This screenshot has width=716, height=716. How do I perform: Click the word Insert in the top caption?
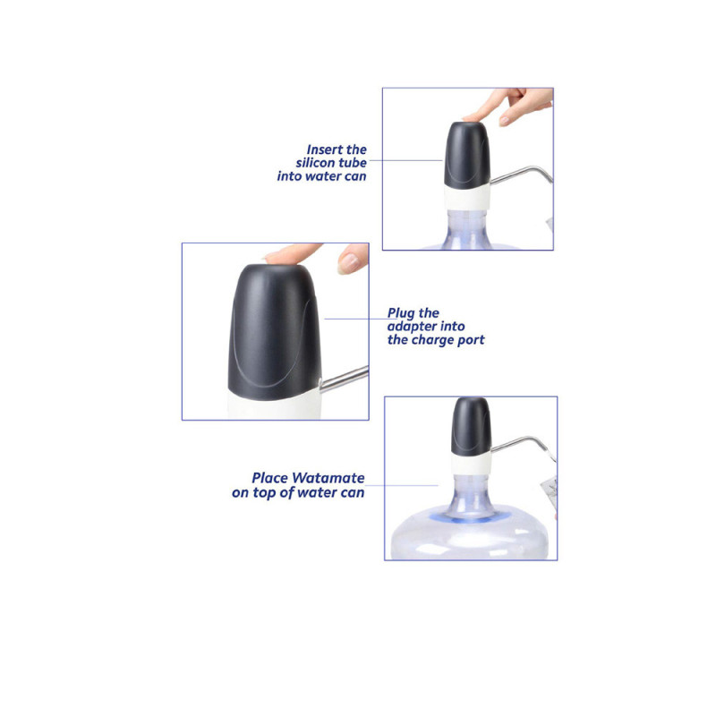click(326, 149)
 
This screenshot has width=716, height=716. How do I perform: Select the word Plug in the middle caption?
click(400, 313)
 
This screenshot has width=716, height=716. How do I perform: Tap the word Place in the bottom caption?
click(270, 479)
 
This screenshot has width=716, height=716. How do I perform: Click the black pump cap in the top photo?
click(466, 154)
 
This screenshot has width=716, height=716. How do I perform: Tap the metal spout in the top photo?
click(521, 174)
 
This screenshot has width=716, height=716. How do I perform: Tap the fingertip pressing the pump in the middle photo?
click(285, 254)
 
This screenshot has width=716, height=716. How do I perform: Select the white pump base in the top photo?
click(466, 199)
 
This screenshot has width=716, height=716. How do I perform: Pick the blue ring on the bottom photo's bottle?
click(471, 517)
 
